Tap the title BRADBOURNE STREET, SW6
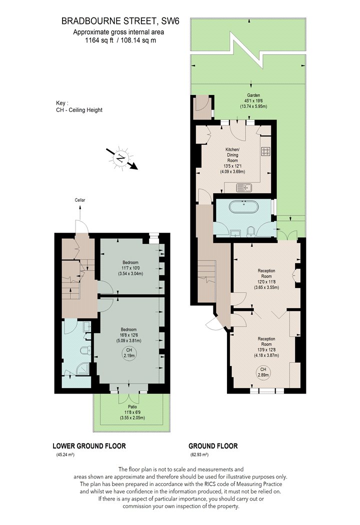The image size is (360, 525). [x=120, y=21]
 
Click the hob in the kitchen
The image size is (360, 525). [x=266, y=151]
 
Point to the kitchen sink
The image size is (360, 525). [x=244, y=188]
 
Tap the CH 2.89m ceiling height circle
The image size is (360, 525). [x=263, y=372]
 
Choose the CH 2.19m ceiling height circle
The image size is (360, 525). [x=129, y=352]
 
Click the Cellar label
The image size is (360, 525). [x=80, y=200]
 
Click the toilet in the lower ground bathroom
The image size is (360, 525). [x=85, y=350]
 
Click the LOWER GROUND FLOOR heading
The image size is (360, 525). [x=89, y=446]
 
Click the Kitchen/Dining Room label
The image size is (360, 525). [x=232, y=160]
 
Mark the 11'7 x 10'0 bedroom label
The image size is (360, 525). [x=130, y=268]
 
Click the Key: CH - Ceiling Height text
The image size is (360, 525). [x=79, y=106]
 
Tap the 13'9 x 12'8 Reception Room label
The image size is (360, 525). [x=266, y=347]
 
